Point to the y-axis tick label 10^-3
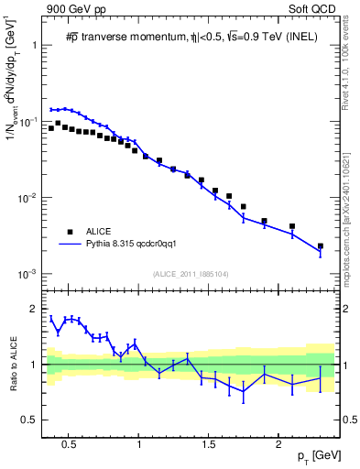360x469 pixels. click(27, 274)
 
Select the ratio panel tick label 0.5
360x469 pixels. click(31, 420)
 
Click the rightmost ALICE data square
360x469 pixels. click(320, 246)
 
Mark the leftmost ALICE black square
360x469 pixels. click(51, 128)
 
